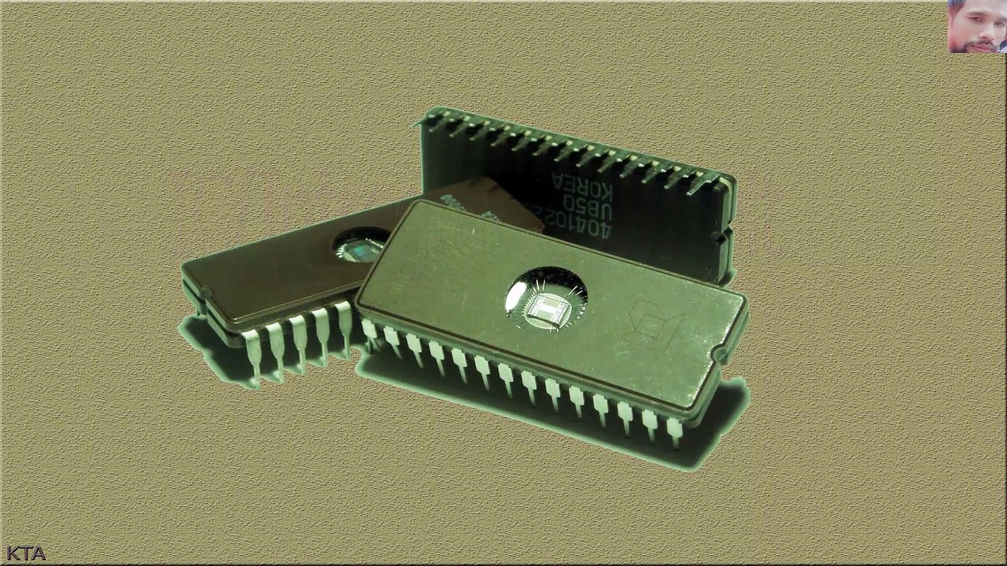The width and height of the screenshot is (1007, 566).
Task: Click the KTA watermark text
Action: tap(26, 553)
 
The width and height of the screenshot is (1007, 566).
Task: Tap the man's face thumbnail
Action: tap(976, 26)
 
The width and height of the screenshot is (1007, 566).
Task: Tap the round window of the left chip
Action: tap(359, 246)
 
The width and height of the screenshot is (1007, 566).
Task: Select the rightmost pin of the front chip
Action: tap(674, 432)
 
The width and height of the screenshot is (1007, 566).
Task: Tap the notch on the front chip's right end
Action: tap(719, 358)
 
